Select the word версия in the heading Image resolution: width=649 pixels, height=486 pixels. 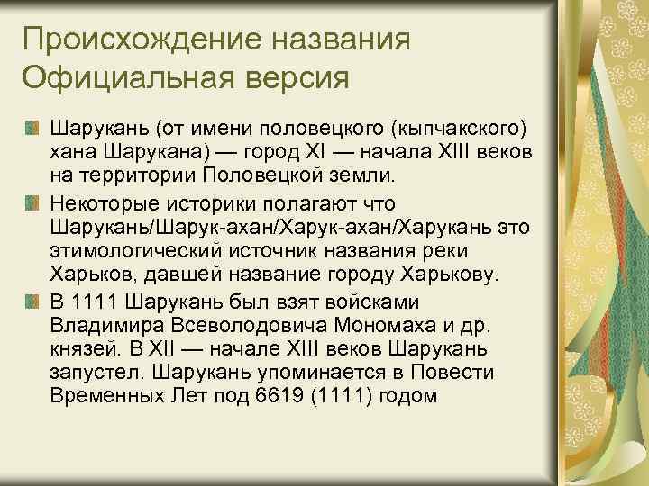pos(293,76)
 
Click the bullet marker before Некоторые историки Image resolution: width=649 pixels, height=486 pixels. pos(32,202)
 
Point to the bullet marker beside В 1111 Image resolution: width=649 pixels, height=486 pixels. pos(32,300)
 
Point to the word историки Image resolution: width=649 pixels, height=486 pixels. pos(206,202)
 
